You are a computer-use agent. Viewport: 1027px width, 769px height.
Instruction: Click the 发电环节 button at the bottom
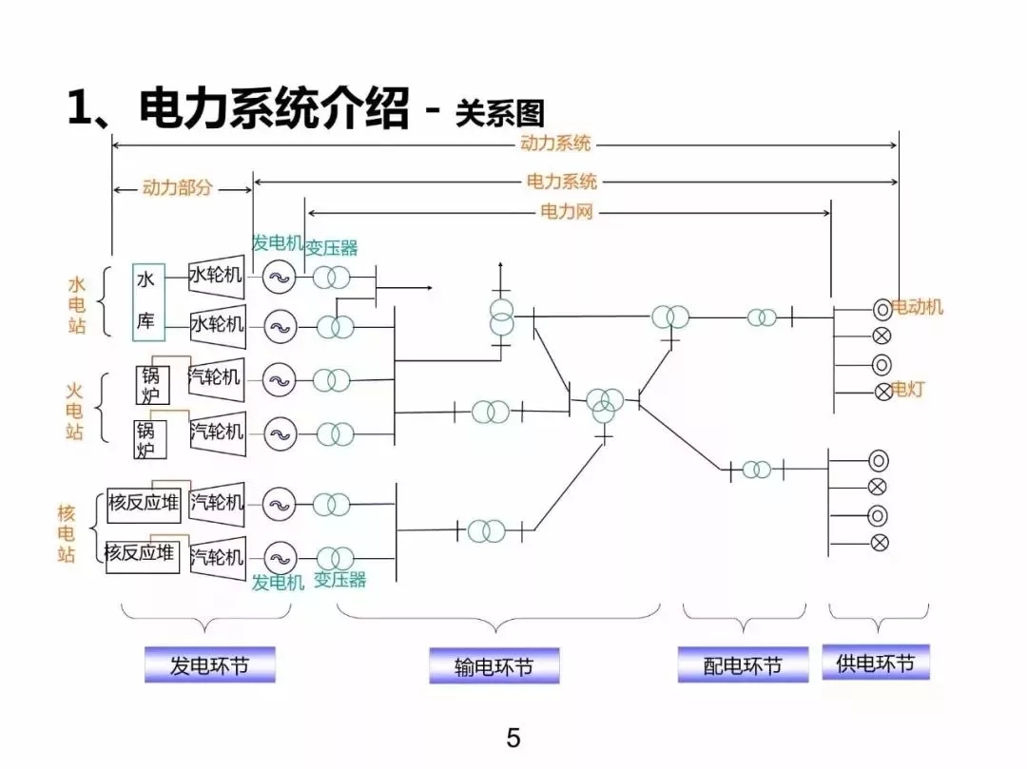(x=209, y=664)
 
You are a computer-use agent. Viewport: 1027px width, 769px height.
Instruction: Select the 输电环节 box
(x=494, y=666)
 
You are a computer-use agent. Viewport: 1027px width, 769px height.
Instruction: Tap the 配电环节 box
(x=743, y=664)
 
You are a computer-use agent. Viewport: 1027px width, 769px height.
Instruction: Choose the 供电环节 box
(x=875, y=663)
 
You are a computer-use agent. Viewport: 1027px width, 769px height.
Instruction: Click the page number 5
(x=513, y=738)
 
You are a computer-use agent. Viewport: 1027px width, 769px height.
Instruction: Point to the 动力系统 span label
(x=555, y=144)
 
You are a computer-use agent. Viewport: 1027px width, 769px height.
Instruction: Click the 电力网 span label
(x=567, y=211)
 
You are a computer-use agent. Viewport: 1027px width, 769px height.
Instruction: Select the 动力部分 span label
(x=178, y=187)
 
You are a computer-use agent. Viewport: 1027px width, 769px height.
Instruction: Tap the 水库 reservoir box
(x=147, y=301)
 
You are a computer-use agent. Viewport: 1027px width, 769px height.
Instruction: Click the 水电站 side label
(x=77, y=305)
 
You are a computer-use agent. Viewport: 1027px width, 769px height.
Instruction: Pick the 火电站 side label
(x=75, y=411)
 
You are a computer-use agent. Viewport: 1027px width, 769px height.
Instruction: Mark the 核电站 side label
(x=67, y=533)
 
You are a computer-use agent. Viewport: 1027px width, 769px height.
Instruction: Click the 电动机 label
(x=918, y=306)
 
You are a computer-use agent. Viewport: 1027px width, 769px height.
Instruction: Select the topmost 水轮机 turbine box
(x=216, y=276)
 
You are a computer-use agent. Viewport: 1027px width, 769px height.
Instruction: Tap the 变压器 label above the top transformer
(x=331, y=247)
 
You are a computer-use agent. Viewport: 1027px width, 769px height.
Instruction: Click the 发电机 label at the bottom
(x=278, y=582)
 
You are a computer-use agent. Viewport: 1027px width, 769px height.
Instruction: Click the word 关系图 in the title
(x=500, y=112)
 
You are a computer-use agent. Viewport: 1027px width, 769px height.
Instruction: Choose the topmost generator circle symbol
(x=279, y=278)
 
